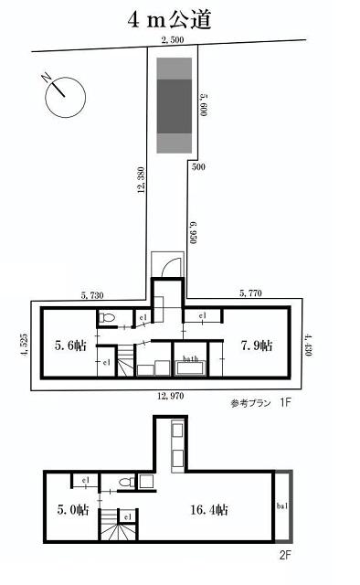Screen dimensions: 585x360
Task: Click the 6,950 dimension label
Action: coord(193,236)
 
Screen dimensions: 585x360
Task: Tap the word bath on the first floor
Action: coord(191,359)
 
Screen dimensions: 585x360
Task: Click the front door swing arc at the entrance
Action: coord(169,266)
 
